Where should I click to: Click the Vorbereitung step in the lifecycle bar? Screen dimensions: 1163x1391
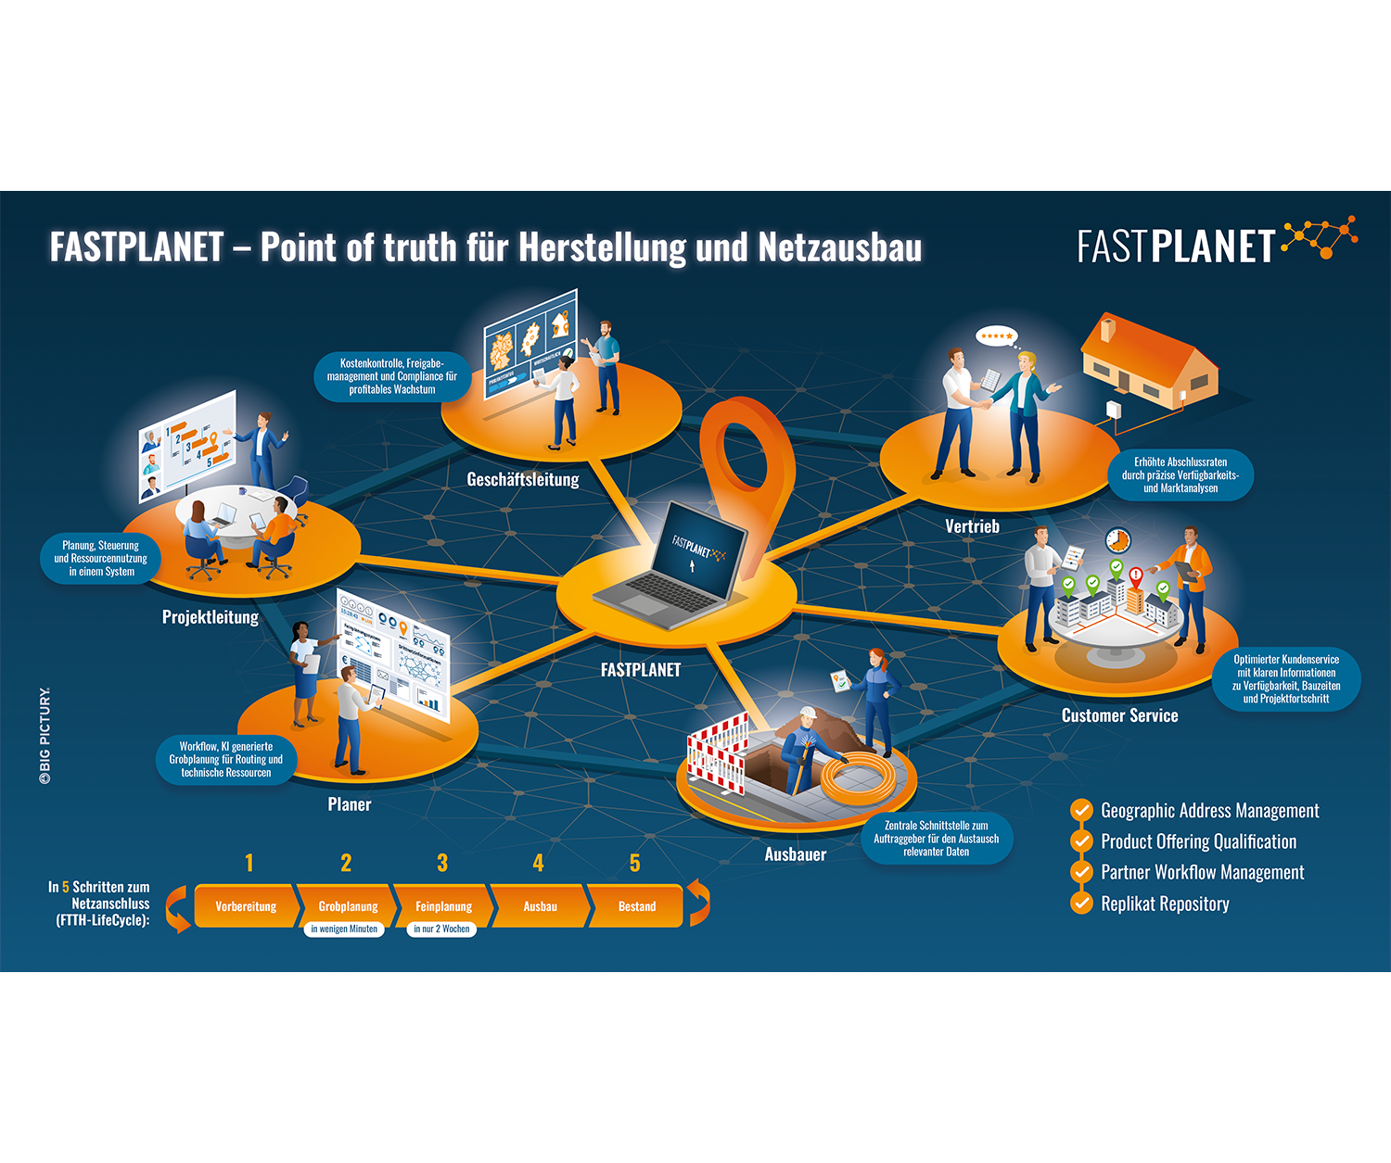click(x=246, y=906)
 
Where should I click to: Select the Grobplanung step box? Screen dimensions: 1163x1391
click(x=348, y=906)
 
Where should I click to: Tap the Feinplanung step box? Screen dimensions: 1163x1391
click(x=443, y=906)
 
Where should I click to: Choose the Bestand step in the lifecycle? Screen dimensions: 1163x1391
click(x=637, y=906)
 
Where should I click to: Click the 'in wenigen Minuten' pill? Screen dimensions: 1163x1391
click(x=344, y=929)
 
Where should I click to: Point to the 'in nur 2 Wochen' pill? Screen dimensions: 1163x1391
click(x=441, y=929)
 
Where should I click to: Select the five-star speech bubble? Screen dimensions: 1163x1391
click(x=997, y=336)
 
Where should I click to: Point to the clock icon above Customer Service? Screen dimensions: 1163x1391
click(x=1118, y=539)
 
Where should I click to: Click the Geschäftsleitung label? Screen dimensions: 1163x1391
click(x=523, y=480)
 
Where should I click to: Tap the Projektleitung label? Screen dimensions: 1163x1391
click(x=211, y=617)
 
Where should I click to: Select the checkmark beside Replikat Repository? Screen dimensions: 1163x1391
click(x=1081, y=903)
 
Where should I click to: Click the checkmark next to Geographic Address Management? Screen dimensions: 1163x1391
click(x=1081, y=810)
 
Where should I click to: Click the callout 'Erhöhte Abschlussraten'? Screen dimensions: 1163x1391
click(x=1180, y=474)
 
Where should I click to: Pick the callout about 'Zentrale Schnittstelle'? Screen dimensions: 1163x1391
click(x=937, y=838)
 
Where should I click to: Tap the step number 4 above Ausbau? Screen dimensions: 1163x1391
click(x=538, y=864)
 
